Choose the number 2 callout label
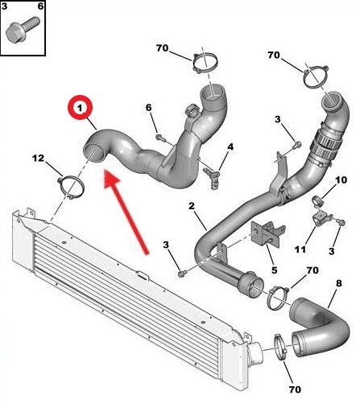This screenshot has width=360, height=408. coord(192,207)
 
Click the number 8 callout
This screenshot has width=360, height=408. coord(338,282)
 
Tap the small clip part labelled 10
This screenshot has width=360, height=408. coord(317,198)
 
